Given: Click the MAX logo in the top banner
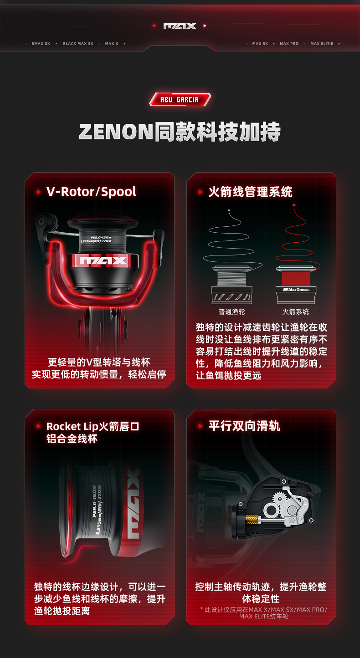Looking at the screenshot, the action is click(x=180, y=26).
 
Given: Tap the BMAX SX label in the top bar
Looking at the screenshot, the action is click(x=41, y=44).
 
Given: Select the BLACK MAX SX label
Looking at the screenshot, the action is click(x=78, y=44).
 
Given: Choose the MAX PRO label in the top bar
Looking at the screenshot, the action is click(x=289, y=44).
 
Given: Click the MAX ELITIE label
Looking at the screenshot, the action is click(x=322, y=44).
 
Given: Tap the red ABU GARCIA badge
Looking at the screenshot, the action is click(x=180, y=100).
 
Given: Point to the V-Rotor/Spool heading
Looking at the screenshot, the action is click(x=91, y=192).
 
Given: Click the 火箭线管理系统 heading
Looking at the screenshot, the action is click(x=250, y=192).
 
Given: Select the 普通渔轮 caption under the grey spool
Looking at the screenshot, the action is click(x=231, y=311).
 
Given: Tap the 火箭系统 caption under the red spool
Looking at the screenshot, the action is click(x=295, y=311).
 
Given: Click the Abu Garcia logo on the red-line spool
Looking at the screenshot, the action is click(x=296, y=290).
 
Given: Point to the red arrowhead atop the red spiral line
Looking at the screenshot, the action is click(x=294, y=205).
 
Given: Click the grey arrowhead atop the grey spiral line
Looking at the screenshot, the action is click(x=229, y=210).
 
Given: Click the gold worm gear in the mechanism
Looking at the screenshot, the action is click(x=252, y=520).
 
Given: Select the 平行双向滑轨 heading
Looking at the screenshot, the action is click(x=244, y=426).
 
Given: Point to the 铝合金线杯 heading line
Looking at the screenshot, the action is click(x=72, y=439).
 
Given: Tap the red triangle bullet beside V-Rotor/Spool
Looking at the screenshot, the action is click(x=38, y=192).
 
